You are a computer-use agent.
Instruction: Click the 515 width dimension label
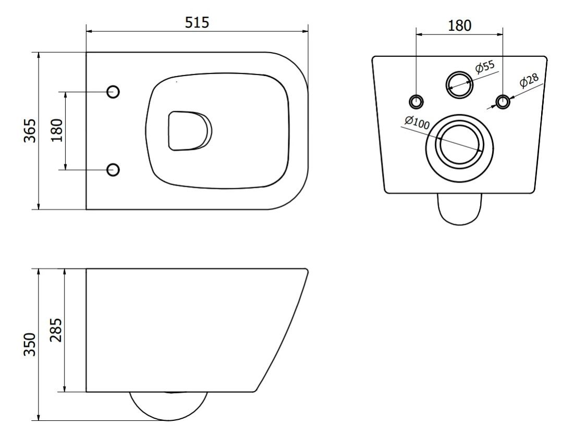point(197,22)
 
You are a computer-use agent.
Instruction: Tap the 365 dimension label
point(30,130)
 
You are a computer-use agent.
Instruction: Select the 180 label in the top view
point(57,130)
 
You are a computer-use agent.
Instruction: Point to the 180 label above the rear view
point(459,26)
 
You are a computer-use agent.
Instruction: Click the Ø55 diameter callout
point(485,67)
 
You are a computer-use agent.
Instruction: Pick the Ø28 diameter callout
point(529,81)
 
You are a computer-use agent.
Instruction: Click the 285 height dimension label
point(56,330)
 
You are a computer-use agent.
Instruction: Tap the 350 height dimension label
point(30,344)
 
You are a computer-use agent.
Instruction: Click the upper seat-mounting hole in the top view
point(113,92)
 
